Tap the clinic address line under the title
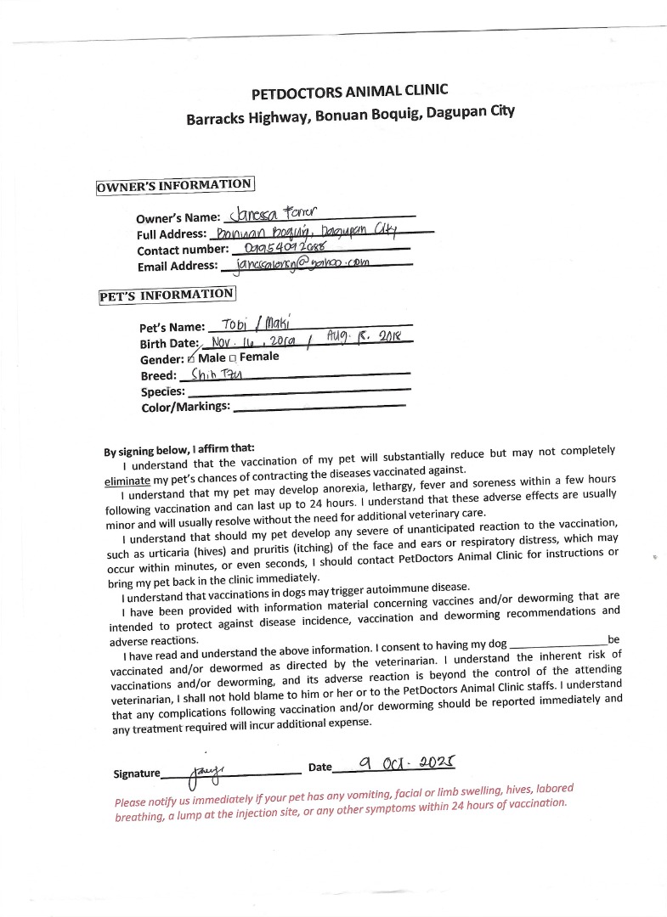(x=350, y=115)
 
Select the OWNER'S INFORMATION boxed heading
(x=175, y=185)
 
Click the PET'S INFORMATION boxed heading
(x=166, y=295)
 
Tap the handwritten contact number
(x=290, y=247)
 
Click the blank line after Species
(x=297, y=391)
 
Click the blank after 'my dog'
(x=557, y=644)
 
